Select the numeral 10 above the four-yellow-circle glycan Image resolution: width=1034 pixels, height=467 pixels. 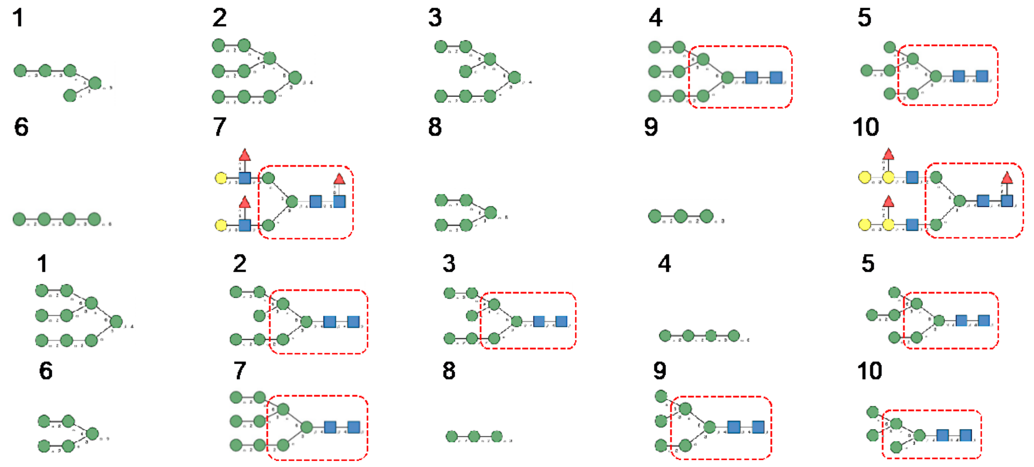click(x=865, y=127)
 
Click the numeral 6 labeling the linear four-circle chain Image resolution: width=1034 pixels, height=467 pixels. click(x=21, y=127)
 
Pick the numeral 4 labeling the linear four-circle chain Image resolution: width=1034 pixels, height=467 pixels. click(x=664, y=264)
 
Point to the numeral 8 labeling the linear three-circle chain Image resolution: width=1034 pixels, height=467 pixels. click(x=449, y=371)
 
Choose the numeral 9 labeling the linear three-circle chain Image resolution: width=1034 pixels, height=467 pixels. click(x=651, y=127)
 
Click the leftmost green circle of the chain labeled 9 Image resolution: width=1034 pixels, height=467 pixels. click(x=655, y=216)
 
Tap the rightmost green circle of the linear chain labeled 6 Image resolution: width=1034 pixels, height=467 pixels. click(x=94, y=219)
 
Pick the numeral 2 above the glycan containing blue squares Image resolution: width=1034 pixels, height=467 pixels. click(x=240, y=264)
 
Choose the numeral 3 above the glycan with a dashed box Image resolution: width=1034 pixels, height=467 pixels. click(x=449, y=264)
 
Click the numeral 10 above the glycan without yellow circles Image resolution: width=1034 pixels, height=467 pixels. click(x=869, y=371)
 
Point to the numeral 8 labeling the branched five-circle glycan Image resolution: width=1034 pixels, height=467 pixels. click(x=435, y=127)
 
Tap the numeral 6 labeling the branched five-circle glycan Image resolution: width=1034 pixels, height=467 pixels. click(x=45, y=371)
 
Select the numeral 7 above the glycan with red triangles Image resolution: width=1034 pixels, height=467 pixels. click(x=219, y=127)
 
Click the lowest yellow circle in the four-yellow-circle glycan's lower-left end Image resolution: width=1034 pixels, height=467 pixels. click(x=864, y=225)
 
